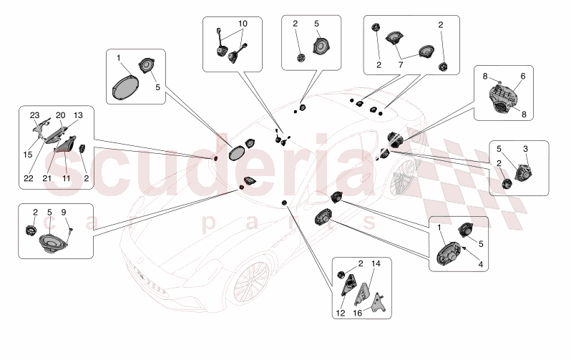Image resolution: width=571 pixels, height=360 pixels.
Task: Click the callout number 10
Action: pos(243,24)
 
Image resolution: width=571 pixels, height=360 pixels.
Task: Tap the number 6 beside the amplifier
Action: pos(522,77)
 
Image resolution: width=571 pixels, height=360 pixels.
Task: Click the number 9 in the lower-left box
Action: pos(63,212)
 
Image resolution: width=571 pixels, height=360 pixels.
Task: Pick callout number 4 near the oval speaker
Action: pos(481,264)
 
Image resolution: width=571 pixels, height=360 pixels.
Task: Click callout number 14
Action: pos(376,264)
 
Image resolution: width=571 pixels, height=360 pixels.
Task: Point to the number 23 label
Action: pos(34,115)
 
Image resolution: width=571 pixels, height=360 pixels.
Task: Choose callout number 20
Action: pos(61,115)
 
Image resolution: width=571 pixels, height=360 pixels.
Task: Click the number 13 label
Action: pos(77,115)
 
